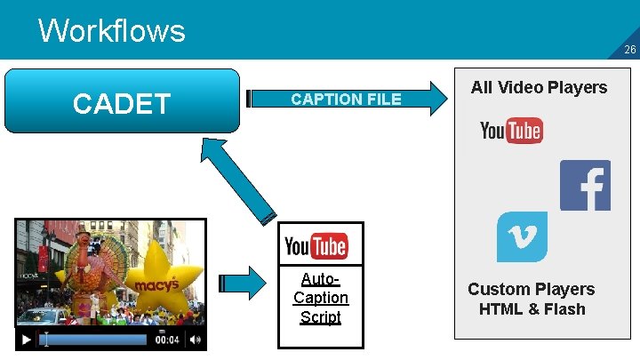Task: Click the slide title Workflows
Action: tap(112, 31)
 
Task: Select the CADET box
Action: tap(122, 102)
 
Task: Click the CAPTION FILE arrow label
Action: tap(346, 99)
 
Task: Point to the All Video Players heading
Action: tap(539, 87)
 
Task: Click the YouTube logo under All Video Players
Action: tap(511, 132)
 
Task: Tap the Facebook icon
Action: tap(585, 185)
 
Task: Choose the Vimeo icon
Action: tap(522, 236)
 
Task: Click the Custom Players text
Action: tap(531, 289)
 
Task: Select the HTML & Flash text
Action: tap(532, 309)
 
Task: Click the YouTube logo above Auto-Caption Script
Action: tap(316, 244)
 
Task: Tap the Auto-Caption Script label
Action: tap(320, 298)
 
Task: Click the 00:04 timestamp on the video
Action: tap(168, 340)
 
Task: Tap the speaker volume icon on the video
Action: tap(196, 340)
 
